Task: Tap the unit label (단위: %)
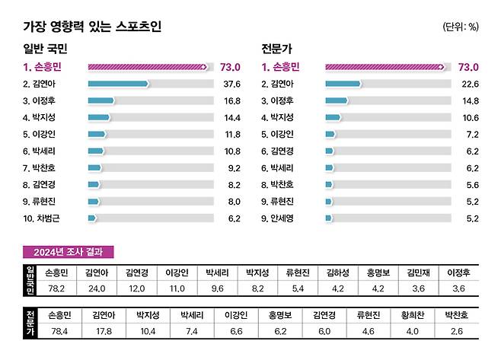[460, 27]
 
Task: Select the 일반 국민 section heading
[46, 49]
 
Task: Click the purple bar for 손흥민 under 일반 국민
[147, 67]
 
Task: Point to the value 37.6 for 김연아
[230, 84]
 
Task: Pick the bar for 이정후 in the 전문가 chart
[337, 100]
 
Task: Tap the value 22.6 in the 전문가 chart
[470, 84]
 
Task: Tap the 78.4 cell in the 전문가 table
[59, 332]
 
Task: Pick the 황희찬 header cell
[411, 314]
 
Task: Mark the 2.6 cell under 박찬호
[455, 332]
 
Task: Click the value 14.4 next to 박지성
[230, 117]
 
